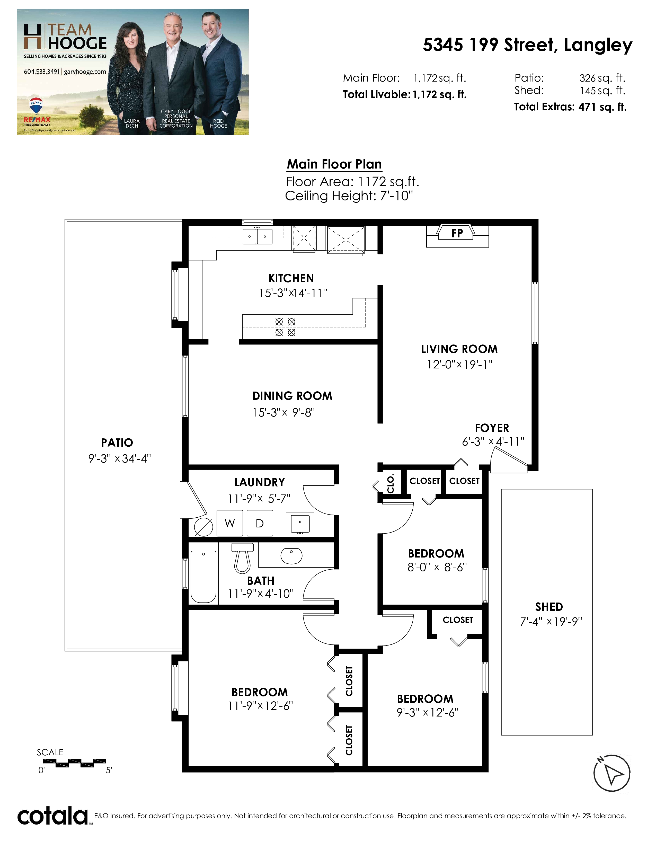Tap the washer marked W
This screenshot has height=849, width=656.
pyautogui.click(x=230, y=523)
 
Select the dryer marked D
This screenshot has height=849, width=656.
pyautogui.click(x=260, y=523)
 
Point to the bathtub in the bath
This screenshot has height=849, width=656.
pyautogui.click(x=203, y=577)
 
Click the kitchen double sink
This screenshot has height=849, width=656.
pyautogui.click(x=257, y=236)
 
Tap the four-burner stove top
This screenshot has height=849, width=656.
pyautogui.click(x=285, y=327)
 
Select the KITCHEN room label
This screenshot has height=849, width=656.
pyautogui.click(x=291, y=278)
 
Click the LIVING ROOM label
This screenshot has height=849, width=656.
pyautogui.click(x=459, y=349)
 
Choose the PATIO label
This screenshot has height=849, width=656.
pyautogui.click(x=117, y=443)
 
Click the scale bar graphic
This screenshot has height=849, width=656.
pyautogui.click(x=81, y=763)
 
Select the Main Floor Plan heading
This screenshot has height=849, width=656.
pyautogui.click(x=334, y=164)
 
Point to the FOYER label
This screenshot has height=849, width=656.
pyautogui.click(x=492, y=428)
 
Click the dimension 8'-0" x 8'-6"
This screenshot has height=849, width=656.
pyautogui.click(x=437, y=567)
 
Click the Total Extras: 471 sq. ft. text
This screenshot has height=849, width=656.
pyautogui.click(x=570, y=107)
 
